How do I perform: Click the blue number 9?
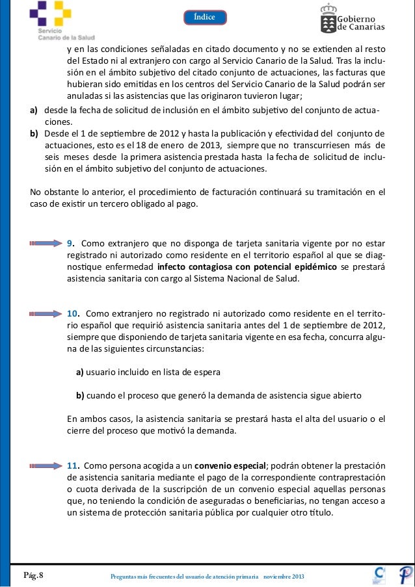[72, 244]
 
